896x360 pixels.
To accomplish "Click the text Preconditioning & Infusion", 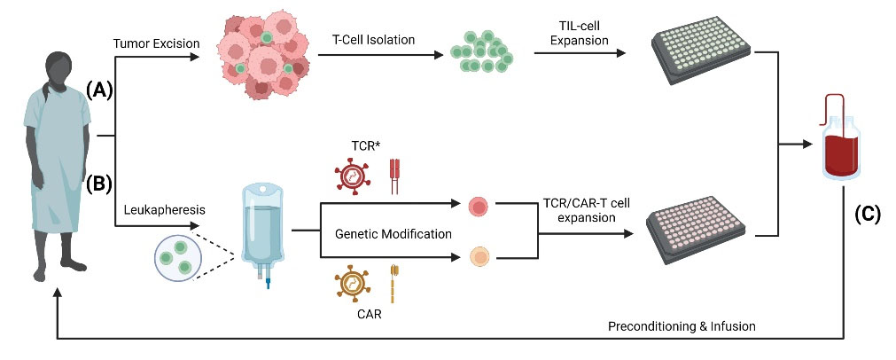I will click(682, 325).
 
